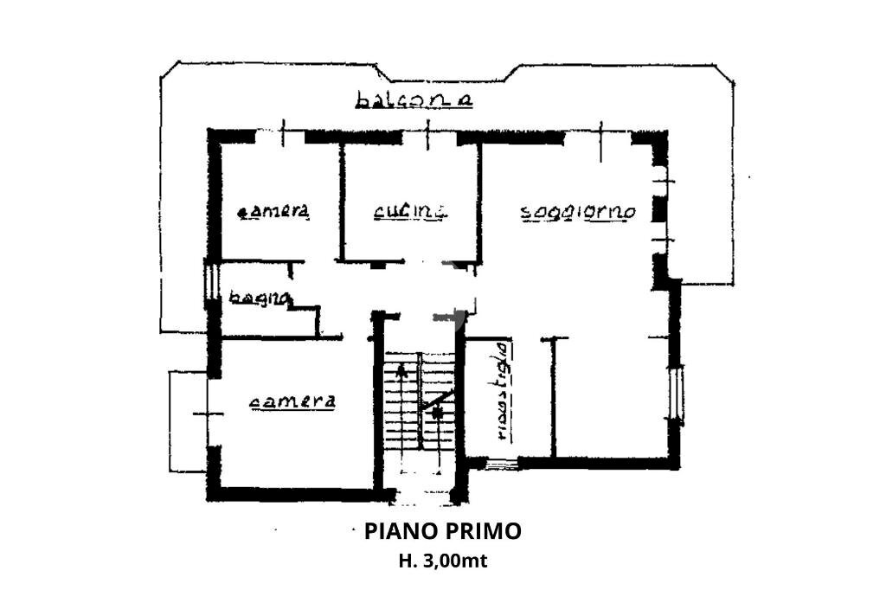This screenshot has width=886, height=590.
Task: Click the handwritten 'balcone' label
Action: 414,99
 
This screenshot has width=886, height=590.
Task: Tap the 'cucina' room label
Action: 411,210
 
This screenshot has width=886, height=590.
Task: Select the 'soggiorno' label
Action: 578,212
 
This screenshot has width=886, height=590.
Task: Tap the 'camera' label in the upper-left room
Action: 274,211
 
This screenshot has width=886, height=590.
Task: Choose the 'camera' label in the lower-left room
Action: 292,401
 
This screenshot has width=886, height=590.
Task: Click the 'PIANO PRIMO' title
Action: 443,530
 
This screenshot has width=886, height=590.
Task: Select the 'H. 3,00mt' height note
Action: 443,561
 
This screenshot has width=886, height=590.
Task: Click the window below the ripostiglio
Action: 501,464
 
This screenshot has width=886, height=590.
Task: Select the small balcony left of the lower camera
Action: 187,421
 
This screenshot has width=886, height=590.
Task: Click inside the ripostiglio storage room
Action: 528,398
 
